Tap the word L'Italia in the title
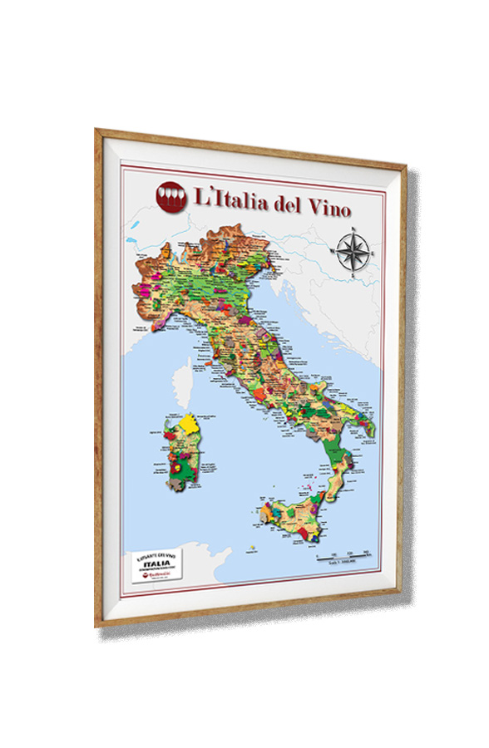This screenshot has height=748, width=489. tap(225, 199)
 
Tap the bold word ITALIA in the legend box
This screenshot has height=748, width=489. tap(157, 563)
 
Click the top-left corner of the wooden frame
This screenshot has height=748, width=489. tap(98, 132)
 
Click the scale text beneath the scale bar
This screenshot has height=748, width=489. tap(342, 565)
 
